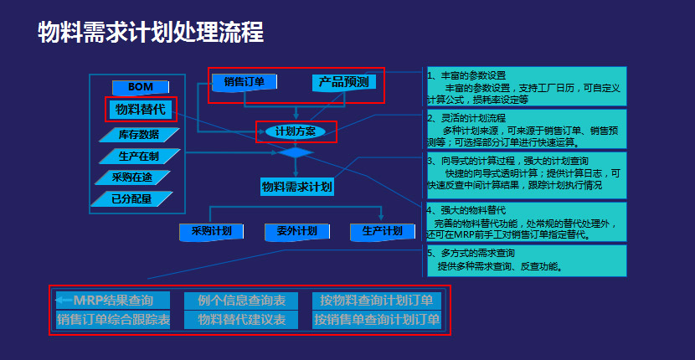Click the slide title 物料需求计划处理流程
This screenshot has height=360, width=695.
[151, 33]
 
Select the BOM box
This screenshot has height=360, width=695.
[141, 87]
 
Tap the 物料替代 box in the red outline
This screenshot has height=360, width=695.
[140, 109]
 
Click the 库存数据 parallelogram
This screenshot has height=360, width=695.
[139, 134]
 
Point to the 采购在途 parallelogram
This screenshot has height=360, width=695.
[135, 177]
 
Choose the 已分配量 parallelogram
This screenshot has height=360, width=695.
[135, 198]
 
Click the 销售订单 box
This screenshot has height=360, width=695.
[244, 82]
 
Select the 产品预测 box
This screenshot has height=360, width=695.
[344, 82]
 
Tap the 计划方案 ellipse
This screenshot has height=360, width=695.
[296, 131]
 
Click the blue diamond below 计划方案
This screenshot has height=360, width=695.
[296, 152]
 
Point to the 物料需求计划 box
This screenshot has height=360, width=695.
[296, 187]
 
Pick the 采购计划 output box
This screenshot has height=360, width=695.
[210, 231]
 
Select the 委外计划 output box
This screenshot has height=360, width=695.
[296, 231]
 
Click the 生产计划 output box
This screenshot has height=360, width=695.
[382, 231]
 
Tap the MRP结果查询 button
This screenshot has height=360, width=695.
[112, 300]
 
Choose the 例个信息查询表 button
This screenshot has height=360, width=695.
[241, 300]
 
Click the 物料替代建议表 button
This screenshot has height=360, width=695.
[241, 320]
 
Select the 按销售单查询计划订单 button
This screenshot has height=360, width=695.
[377, 320]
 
